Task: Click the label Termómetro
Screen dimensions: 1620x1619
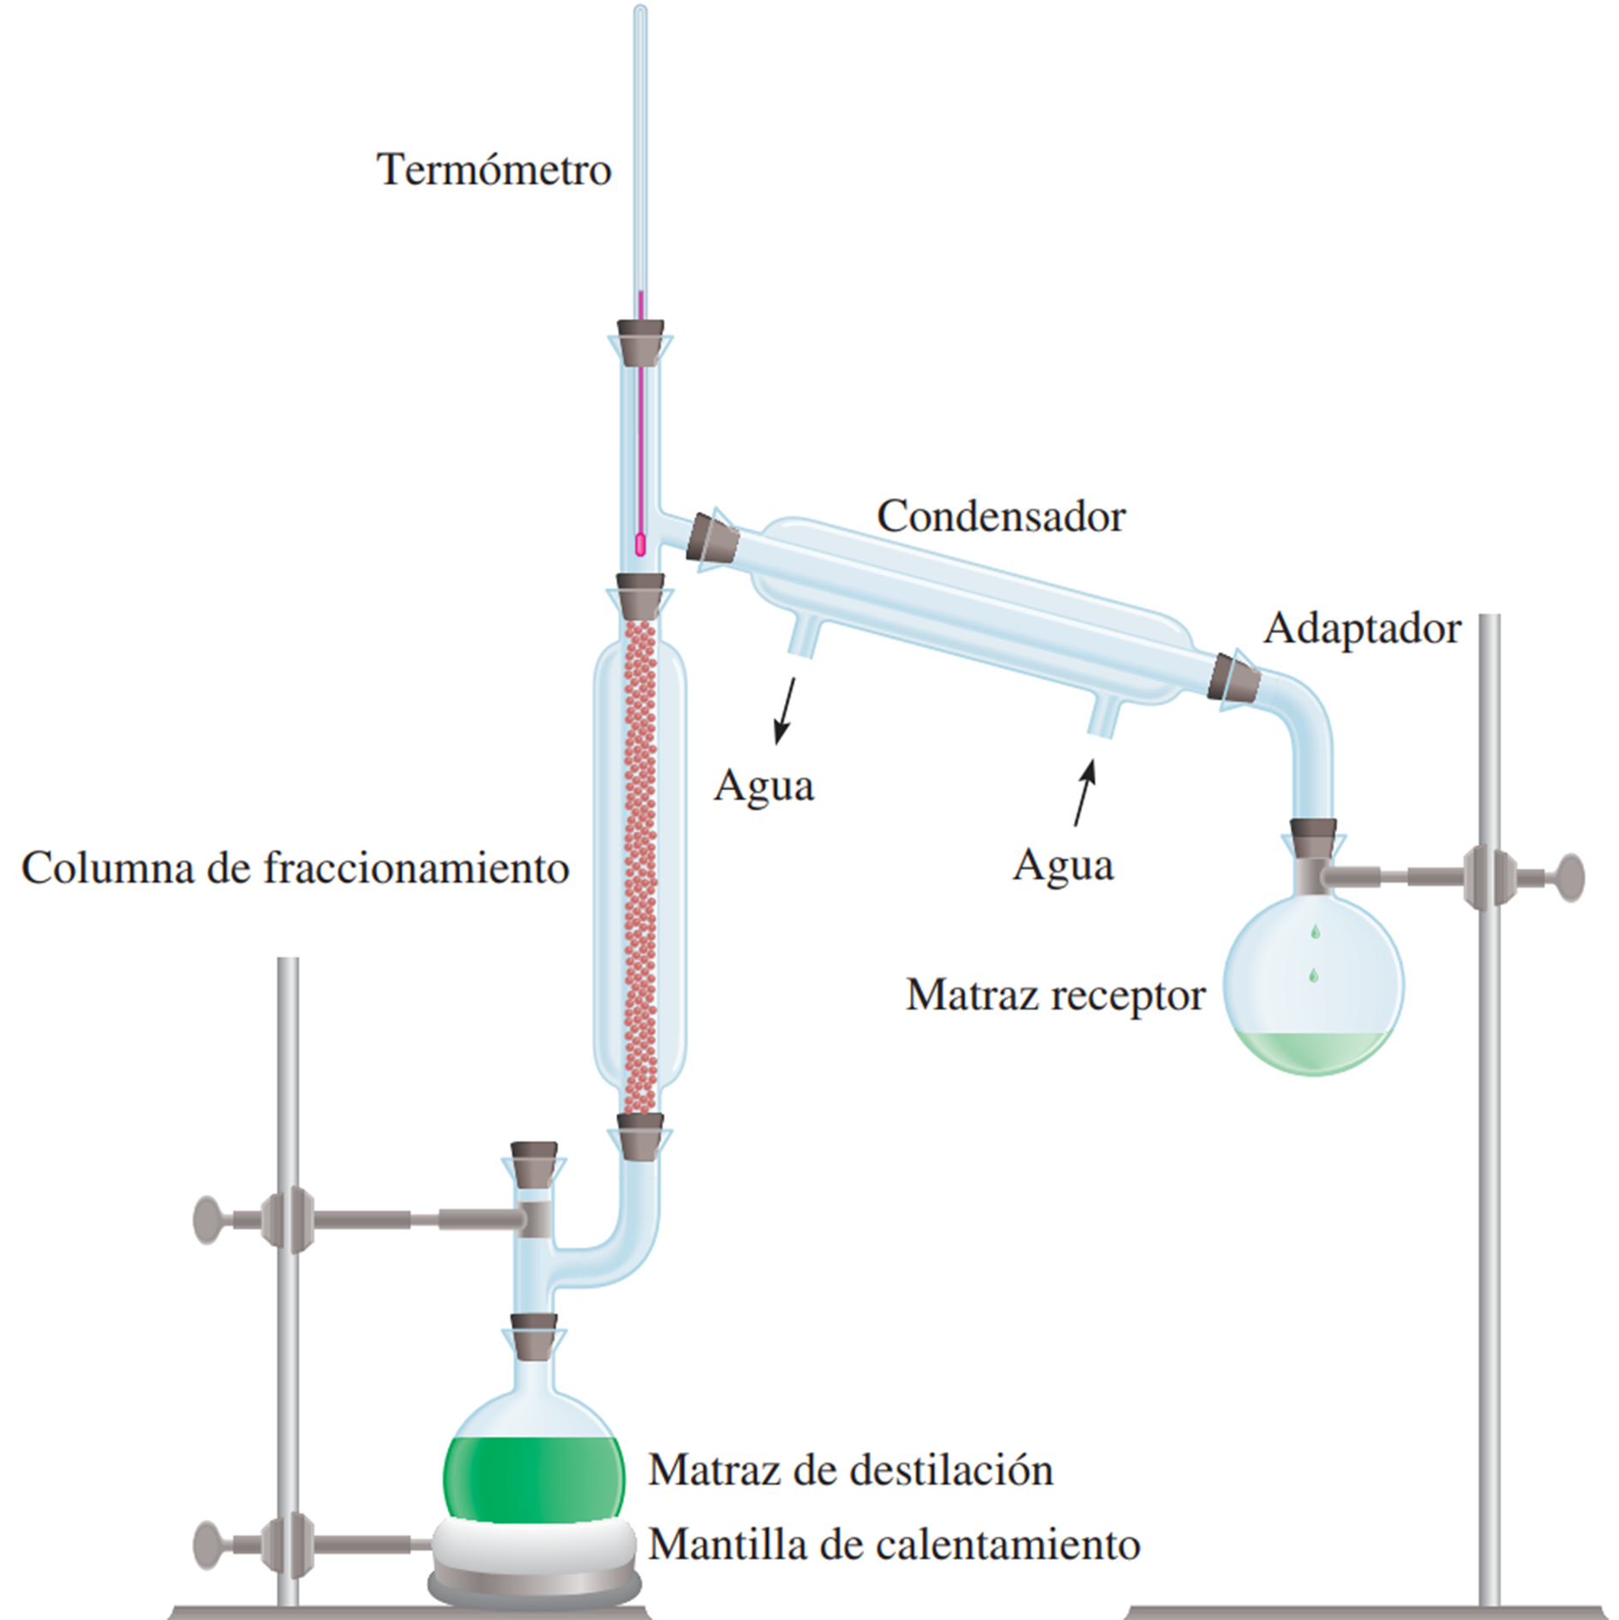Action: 494,170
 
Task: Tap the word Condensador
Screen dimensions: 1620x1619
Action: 1000,516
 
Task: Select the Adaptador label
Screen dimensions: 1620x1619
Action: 1362,628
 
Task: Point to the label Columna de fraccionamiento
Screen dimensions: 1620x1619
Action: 296,867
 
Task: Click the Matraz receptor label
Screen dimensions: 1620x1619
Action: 1055,995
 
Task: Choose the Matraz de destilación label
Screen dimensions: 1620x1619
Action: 850,1470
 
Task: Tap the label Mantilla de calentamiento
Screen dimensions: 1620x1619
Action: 894,1545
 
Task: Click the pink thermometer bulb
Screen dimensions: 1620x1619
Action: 640,544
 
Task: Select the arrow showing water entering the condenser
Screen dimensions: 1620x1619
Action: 1085,794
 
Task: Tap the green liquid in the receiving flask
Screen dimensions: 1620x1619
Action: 1312,1051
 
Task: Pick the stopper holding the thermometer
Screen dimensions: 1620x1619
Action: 640,343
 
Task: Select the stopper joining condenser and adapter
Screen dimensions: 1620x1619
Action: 1235,676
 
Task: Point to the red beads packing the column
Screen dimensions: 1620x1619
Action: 640,866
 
